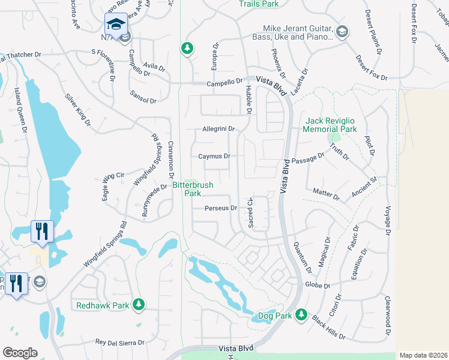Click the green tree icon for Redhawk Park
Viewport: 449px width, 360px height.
point(139,305)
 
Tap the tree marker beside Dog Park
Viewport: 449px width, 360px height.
point(301,315)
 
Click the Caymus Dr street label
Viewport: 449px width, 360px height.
point(214,156)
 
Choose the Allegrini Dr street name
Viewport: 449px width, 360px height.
point(217,129)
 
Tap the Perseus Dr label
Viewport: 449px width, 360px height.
point(221,208)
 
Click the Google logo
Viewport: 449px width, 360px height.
point(20,353)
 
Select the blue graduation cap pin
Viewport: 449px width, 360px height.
point(115,24)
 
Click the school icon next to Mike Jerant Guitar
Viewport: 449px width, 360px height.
point(342,32)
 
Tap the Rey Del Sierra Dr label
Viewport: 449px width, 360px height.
point(120,343)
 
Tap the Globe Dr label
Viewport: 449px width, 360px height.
point(318,285)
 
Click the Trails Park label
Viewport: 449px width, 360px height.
point(259,4)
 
